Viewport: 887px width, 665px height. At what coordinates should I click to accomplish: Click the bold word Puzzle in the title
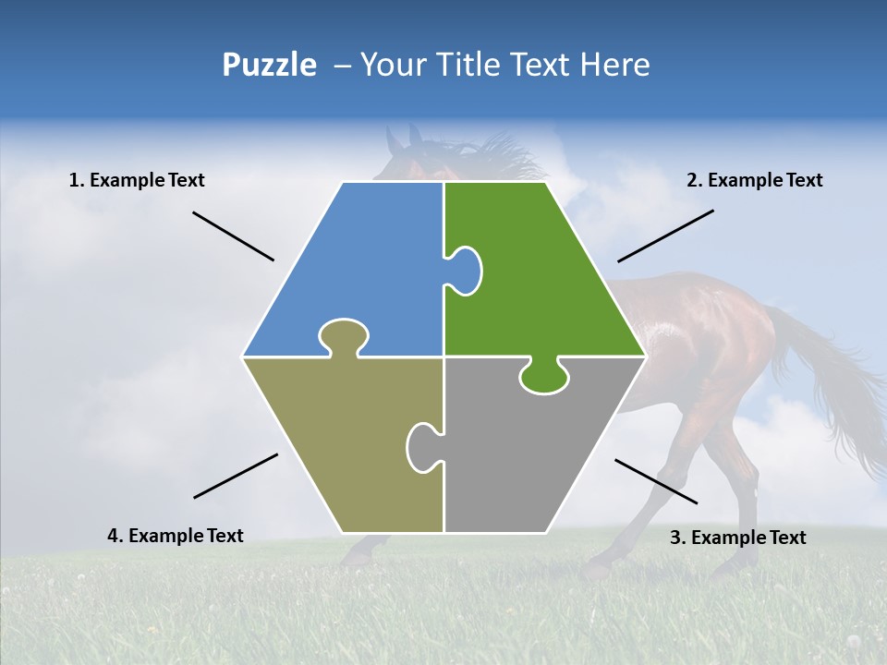tap(269, 65)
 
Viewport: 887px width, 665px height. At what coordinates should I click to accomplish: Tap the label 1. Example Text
tap(137, 180)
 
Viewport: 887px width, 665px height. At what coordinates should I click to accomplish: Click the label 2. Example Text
tap(754, 180)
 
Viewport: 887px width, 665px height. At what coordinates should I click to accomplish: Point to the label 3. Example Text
tap(737, 538)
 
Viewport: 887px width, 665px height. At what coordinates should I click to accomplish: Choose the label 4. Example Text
tap(176, 536)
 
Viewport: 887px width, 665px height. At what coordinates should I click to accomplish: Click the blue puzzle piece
tap(360, 268)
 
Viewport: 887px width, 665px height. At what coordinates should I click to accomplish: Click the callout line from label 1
tap(233, 236)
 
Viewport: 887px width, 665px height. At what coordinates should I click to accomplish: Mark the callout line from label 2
tap(665, 236)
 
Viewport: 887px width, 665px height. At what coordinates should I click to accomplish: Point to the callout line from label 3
tap(656, 481)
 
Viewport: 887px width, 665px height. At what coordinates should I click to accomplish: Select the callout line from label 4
tap(236, 476)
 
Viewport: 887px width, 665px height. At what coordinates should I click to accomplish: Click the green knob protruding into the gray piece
tap(543, 376)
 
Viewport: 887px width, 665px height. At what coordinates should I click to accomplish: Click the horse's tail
tap(832, 388)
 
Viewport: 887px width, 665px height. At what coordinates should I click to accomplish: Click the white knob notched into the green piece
tap(465, 271)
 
